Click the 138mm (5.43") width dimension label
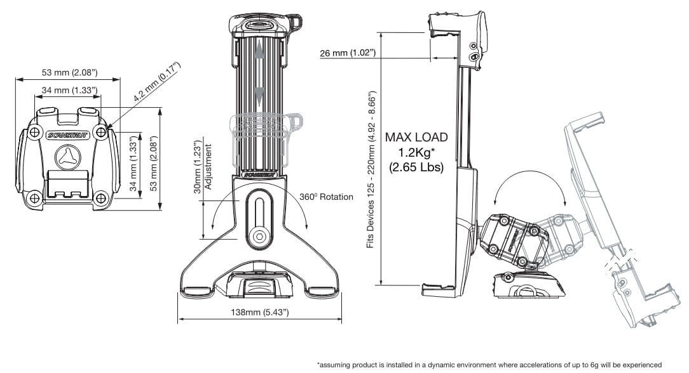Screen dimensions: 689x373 [x=260, y=312]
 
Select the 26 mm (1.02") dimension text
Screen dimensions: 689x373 [x=348, y=53]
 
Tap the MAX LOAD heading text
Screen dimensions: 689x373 [x=416, y=137]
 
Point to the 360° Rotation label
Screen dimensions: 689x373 [x=326, y=197]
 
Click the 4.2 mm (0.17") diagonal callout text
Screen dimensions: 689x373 [x=157, y=82]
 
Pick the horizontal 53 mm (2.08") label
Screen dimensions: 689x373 [x=69, y=72]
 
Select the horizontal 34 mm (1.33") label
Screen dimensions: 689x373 [x=69, y=90]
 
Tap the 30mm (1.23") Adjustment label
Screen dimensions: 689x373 [x=203, y=167]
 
